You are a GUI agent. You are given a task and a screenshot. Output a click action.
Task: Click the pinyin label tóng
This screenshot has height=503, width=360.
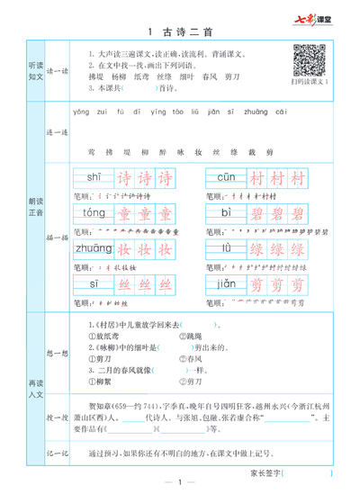94,212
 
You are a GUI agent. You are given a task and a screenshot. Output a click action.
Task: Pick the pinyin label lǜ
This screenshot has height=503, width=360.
230,248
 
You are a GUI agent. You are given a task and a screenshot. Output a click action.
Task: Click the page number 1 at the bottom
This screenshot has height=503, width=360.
180,486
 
